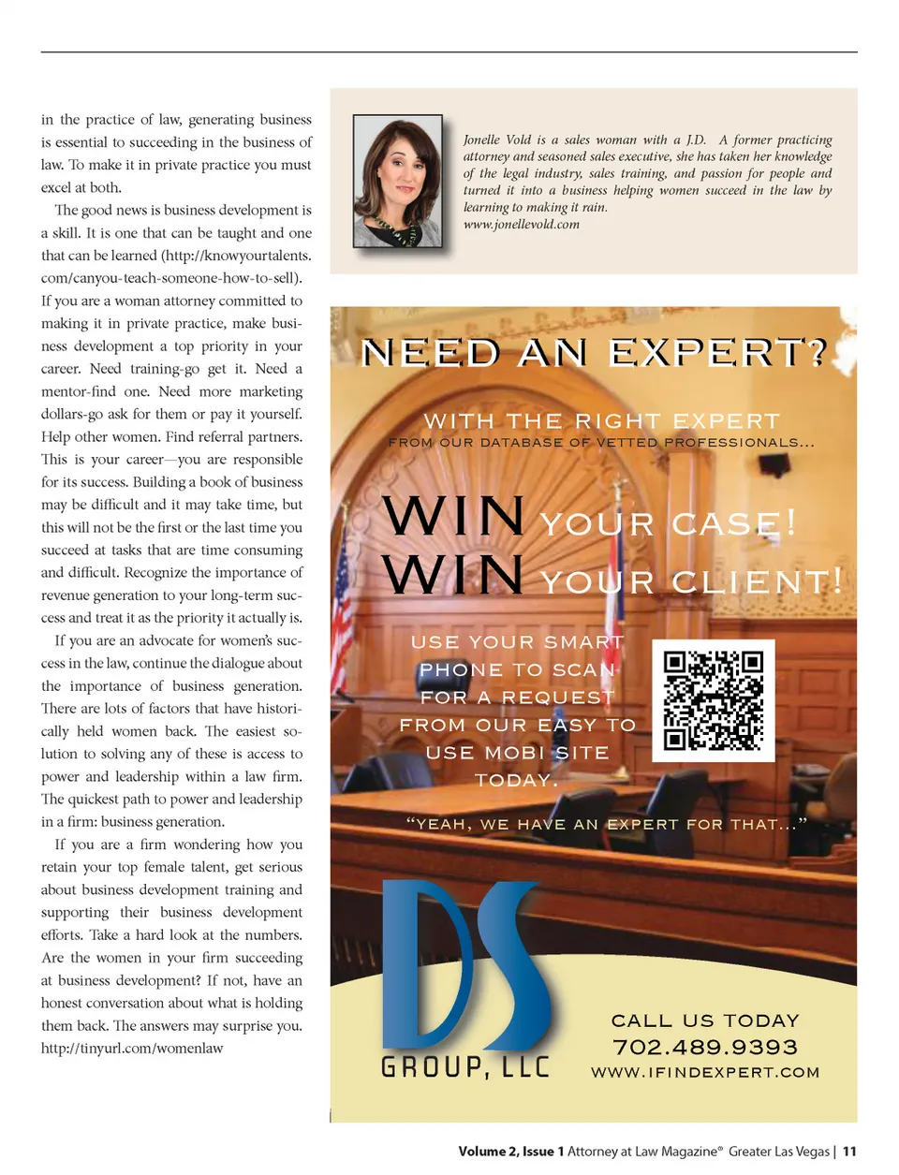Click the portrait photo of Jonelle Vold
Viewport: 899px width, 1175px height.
pos(397,181)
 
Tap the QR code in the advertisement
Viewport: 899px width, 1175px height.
pos(713,700)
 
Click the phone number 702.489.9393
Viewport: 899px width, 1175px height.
pos(705,1047)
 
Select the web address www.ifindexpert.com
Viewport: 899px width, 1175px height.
pos(705,1073)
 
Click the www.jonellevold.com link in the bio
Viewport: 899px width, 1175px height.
pos(521,225)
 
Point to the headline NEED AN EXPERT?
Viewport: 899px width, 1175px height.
pos(595,353)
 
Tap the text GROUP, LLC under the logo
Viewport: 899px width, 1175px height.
pos(465,1066)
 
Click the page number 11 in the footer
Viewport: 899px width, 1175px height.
pos(849,1152)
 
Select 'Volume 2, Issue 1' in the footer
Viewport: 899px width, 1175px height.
pos(510,1152)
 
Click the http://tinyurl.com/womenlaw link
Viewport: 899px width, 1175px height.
pos(132,1049)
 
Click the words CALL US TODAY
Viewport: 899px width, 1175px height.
pos(705,1021)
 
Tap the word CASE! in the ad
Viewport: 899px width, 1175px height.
pos(733,523)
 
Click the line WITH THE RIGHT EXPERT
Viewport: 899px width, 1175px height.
pos(601,421)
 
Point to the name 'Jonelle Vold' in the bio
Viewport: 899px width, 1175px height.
pos(497,140)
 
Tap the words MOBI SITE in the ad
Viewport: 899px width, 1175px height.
pos(548,753)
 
